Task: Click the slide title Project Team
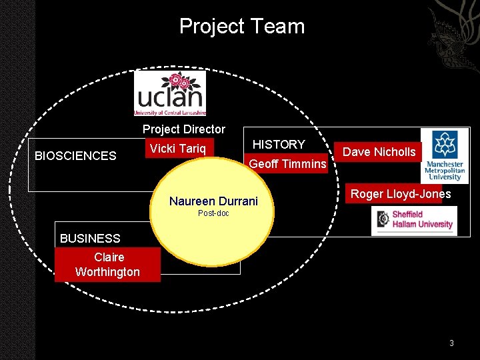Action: tap(242, 26)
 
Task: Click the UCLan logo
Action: tap(170, 93)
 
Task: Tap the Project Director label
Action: tap(184, 129)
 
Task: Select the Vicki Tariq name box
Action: tap(179, 148)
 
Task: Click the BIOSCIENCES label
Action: tap(75, 156)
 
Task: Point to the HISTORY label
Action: tap(279, 144)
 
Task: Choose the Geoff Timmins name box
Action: tap(286, 163)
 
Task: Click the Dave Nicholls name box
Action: tap(378, 152)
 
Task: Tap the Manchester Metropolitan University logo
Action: tap(445, 156)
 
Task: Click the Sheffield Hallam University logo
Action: tap(414, 221)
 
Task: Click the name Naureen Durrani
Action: tap(213, 201)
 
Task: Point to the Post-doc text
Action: tap(213, 213)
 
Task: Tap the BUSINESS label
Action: tap(90, 239)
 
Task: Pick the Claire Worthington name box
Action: tap(107, 265)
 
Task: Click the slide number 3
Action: tap(451, 343)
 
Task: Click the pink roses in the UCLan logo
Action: tap(180, 81)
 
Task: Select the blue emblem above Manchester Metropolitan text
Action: tap(445, 145)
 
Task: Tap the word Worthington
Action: tap(107, 272)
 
